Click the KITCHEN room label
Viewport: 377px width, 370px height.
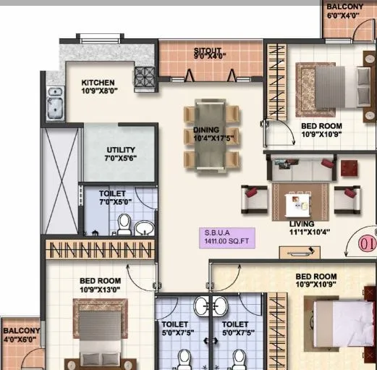[x=98, y=87]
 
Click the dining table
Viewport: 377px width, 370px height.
[x=211, y=136]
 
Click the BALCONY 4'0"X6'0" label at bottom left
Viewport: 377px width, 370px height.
[x=21, y=335]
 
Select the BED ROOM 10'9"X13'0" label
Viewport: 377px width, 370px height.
[x=100, y=285]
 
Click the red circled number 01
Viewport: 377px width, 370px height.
[x=368, y=245]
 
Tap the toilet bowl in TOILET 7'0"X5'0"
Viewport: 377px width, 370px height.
[x=124, y=224]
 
